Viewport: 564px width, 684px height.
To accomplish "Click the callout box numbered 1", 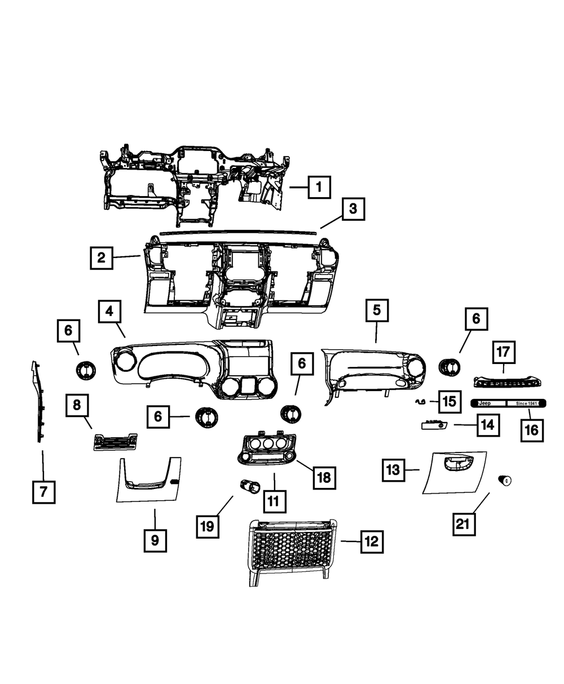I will [x=319, y=186].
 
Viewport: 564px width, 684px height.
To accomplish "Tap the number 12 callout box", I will [x=371, y=542].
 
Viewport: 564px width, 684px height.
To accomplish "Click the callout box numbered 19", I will [x=208, y=526].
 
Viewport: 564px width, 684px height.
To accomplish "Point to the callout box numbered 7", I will [x=43, y=492].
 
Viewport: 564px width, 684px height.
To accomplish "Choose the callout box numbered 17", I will [x=503, y=352].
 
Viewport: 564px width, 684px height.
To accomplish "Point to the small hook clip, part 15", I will [x=420, y=402].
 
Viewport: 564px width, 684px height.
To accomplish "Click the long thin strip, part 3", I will [x=237, y=232].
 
